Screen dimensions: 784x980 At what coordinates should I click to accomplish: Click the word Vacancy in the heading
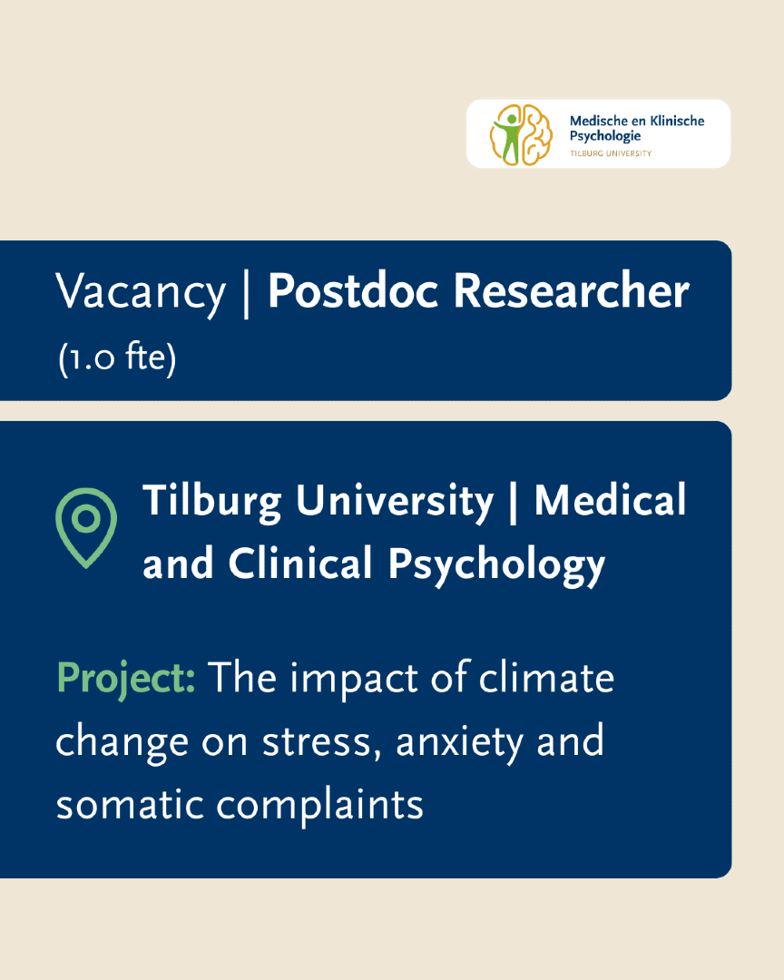140,292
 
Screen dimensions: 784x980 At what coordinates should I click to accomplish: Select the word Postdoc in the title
353,290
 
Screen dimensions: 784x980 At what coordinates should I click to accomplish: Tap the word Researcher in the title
571,290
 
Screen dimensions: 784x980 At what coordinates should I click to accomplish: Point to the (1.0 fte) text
117,358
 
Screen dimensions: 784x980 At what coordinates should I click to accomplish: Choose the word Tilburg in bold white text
212,503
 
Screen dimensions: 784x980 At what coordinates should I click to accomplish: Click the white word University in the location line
395,503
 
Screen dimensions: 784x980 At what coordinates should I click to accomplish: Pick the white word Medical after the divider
610,501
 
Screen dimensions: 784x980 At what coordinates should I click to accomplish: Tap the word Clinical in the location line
300,563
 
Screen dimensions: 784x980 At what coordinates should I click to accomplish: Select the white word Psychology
496,566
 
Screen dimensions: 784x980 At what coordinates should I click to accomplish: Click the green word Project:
125,679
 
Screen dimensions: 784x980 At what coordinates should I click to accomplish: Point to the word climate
546,678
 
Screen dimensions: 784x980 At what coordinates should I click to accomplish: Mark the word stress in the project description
321,742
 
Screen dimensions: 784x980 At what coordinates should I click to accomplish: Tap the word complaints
319,806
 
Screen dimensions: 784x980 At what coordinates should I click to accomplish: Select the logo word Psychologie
604,136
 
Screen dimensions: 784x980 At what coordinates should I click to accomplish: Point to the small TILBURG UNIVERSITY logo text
610,153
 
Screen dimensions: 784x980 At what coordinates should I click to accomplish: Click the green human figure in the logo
510,136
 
